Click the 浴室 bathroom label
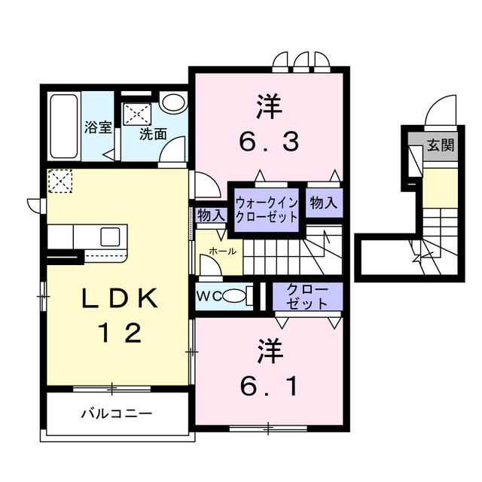(x=98, y=127)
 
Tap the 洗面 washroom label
(x=154, y=136)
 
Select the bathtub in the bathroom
(x=65, y=126)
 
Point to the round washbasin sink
(x=174, y=104)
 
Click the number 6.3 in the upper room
(x=269, y=140)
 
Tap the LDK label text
(x=120, y=300)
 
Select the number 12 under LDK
(x=120, y=332)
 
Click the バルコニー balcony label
(x=117, y=413)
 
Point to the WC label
(x=209, y=296)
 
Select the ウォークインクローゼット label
(x=266, y=209)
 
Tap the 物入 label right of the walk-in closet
(x=324, y=203)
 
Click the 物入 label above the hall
(x=210, y=215)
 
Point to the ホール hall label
(x=222, y=251)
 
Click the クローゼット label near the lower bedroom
(x=307, y=297)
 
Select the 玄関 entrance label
(x=442, y=145)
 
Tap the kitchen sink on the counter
(x=109, y=236)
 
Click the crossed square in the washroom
(x=138, y=114)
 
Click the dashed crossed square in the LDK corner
(x=58, y=181)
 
